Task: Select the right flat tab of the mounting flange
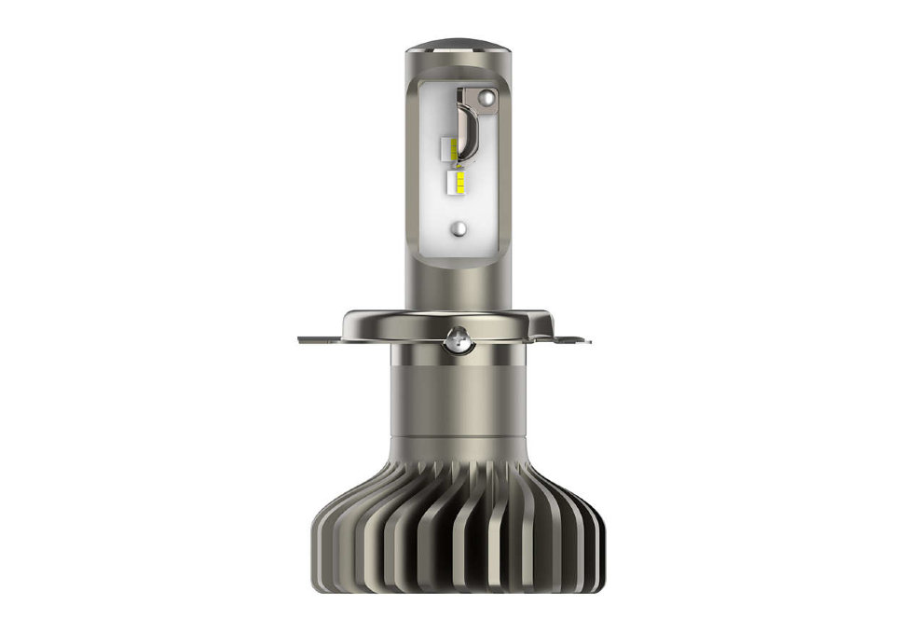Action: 575,339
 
